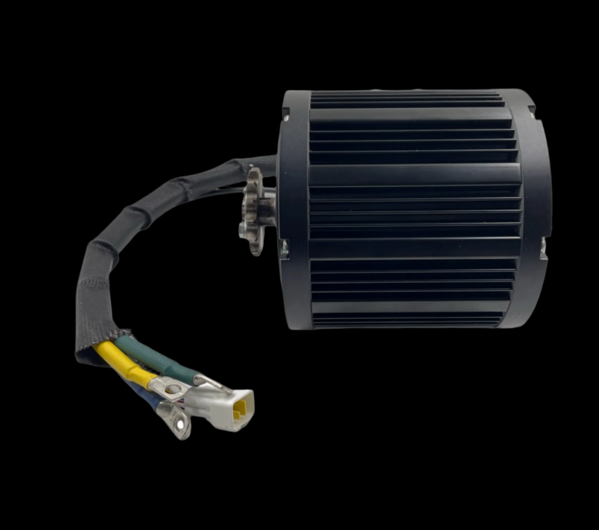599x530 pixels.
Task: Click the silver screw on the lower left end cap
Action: (284, 247)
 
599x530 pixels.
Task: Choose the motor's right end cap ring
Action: (537, 208)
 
